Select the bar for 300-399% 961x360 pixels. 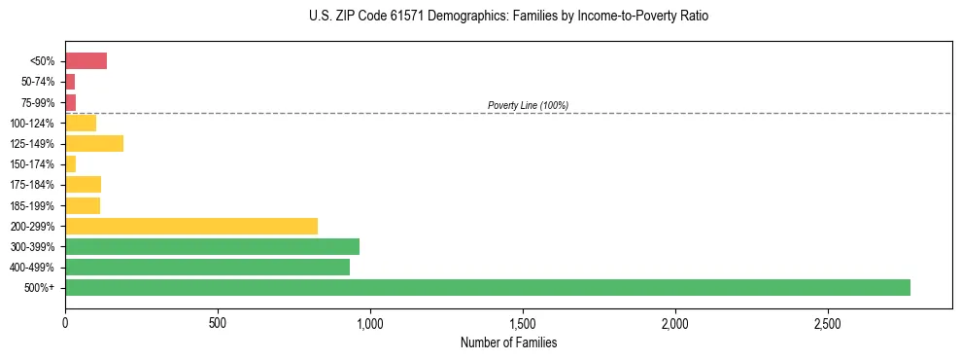click(x=212, y=246)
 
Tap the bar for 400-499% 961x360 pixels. click(x=207, y=267)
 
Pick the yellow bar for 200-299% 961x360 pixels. click(x=191, y=226)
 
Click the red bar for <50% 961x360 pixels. click(x=86, y=61)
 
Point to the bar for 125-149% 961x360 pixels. click(x=94, y=144)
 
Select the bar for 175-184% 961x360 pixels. click(x=83, y=185)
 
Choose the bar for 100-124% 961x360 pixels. click(x=81, y=123)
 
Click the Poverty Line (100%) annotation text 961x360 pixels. click(x=528, y=105)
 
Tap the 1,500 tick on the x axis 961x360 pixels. click(x=523, y=323)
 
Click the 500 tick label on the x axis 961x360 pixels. click(x=218, y=323)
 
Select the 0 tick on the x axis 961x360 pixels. click(x=65, y=323)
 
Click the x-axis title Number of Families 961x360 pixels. click(x=508, y=342)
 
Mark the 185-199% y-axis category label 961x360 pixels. click(x=34, y=205)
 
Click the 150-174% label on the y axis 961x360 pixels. click(x=34, y=164)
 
